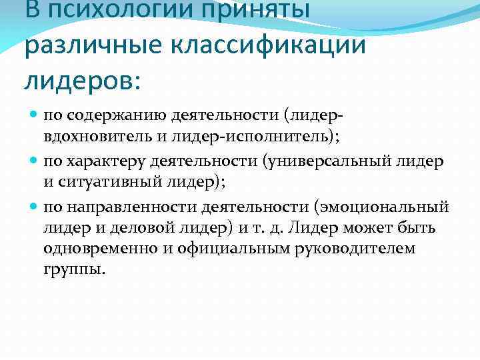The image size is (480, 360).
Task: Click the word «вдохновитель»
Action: pos(91,139)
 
